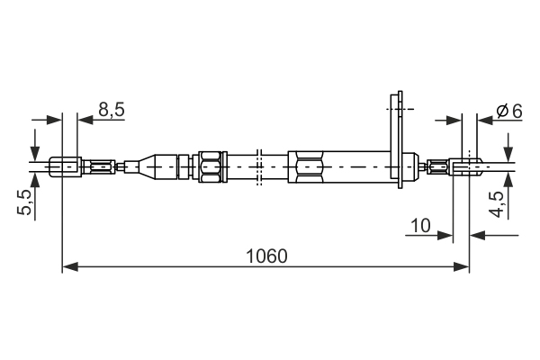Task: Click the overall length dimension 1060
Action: click(267, 256)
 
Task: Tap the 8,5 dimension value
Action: click(112, 110)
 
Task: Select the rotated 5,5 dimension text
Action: click(24, 202)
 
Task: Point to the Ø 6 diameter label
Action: click(509, 111)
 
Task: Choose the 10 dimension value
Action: click(420, 226)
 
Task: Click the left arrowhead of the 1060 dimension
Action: click(70, 266)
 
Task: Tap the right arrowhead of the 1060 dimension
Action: click(461, 266)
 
